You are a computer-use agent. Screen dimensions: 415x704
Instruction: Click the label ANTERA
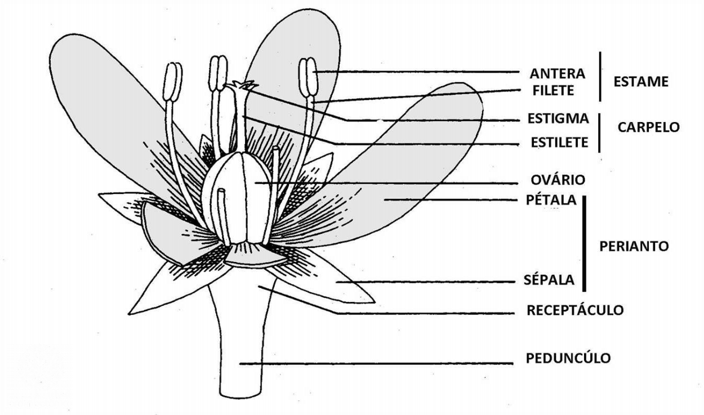(557, 73)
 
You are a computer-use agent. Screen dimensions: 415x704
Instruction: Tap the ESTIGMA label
(558, 119)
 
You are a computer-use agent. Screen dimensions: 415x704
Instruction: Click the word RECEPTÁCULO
(574, 310)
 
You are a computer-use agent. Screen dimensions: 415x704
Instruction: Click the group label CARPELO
(648, 127)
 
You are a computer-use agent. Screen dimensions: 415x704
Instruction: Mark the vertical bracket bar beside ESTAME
(600, 76)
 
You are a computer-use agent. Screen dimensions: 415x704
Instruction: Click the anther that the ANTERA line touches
(308, 77)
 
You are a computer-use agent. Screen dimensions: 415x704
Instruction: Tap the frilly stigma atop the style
(241, 87)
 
